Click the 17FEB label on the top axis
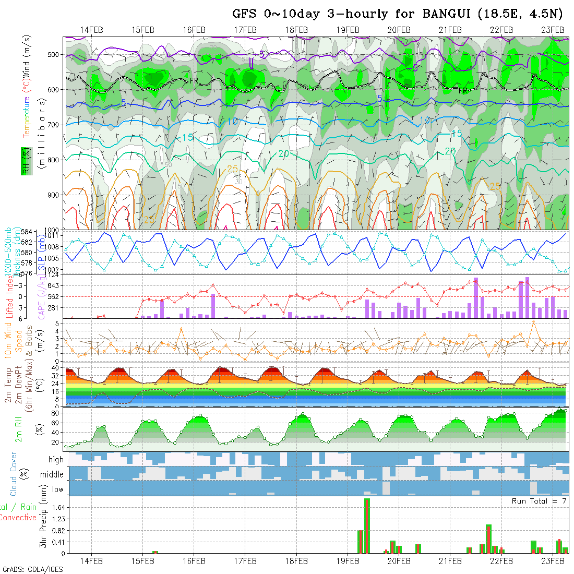[245, 30]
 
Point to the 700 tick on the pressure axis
[54, 125]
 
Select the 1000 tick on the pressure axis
[52, 230]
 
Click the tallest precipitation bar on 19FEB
[367, 525]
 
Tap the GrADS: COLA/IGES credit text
[32, 569]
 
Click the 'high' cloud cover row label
[56, 460]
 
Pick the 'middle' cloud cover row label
[52, 475]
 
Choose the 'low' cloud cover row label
[57, 489]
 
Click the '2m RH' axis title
[19, 429]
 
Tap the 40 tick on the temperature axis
[54, 368]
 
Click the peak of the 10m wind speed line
[533, 321]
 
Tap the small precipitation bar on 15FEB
[155, 552]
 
